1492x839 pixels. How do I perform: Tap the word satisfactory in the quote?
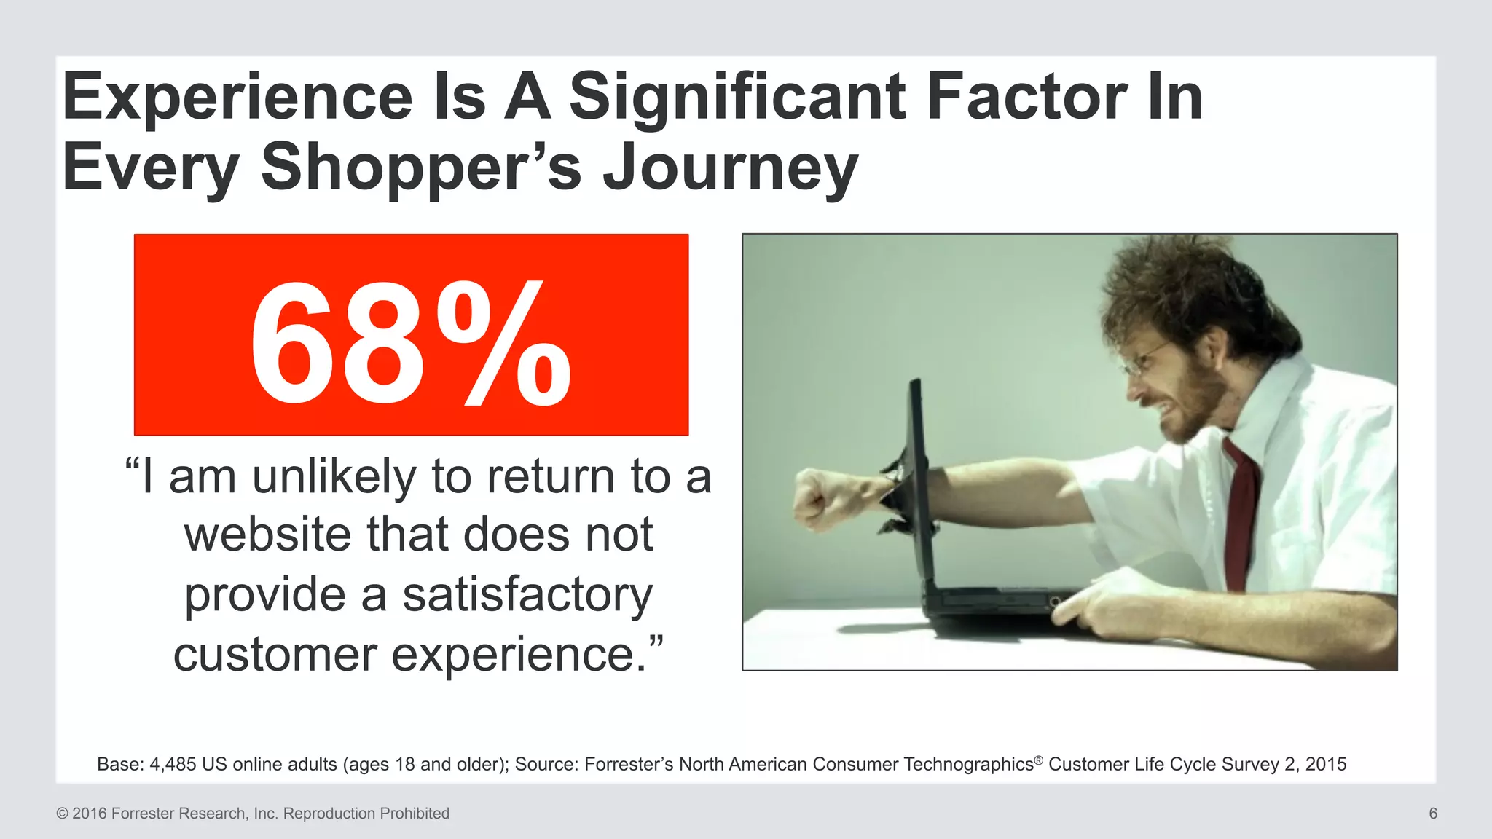(527, 594)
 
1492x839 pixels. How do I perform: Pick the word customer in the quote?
(275, 654)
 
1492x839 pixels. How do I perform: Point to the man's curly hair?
(1195, 291)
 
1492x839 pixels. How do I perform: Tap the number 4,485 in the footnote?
(172, 764)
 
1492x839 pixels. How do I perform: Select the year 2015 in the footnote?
(1326, 764)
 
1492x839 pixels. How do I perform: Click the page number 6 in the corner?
(1432, 814)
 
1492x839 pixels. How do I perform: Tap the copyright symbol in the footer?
(62, 814)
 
